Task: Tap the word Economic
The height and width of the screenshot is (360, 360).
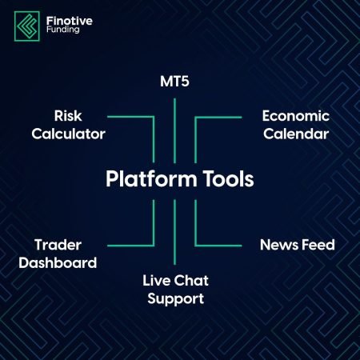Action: pos(294,116)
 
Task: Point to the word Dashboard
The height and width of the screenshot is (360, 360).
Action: pos(66,262)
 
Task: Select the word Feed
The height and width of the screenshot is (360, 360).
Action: pos(317,245)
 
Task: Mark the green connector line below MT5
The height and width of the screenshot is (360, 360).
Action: pos(174,128)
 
